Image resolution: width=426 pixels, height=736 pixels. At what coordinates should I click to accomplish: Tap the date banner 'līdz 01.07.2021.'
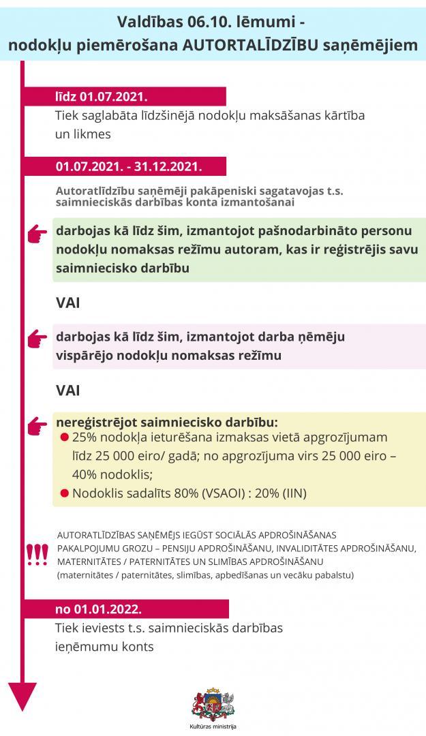102,96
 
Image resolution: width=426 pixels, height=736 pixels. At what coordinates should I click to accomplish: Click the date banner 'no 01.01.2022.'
98,609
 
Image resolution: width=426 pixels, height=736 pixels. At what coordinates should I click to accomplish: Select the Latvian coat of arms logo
213,705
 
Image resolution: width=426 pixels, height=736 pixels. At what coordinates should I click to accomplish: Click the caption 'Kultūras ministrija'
213,727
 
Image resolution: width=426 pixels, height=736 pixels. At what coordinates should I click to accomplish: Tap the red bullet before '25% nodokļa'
65,438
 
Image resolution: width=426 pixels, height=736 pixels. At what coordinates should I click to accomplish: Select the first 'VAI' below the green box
68,302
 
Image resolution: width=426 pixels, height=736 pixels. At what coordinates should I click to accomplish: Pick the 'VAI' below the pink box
68,390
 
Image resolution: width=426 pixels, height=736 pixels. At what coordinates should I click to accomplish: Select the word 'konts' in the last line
134,647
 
